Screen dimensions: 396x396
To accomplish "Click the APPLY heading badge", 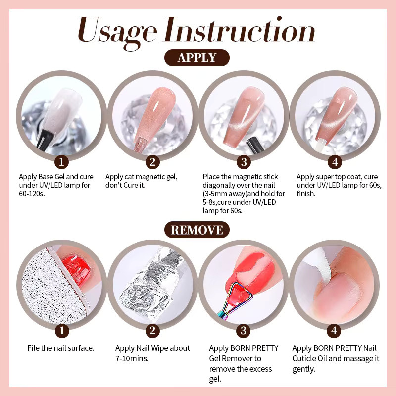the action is tap(197, 58).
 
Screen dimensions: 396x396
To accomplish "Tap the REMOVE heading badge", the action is tap(197, 230).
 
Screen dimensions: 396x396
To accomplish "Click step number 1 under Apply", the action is tap(61, 162).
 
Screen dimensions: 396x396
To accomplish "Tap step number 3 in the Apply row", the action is tap(244, 162).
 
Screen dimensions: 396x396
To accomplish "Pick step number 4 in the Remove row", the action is tap(334, 330).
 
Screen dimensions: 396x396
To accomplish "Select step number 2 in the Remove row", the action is tap(152, 330).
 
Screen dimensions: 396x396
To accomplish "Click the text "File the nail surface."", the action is tap(60, 348).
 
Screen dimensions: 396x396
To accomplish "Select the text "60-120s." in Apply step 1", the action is tap(32, 194).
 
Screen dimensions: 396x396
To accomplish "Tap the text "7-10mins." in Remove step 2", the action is tap(132, 358).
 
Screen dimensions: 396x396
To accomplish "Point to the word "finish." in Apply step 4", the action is tap(306, 194).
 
